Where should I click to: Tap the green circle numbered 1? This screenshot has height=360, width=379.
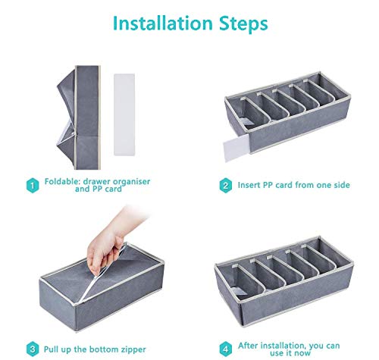[33, 185]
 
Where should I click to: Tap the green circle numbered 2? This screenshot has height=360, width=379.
[224, 185]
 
